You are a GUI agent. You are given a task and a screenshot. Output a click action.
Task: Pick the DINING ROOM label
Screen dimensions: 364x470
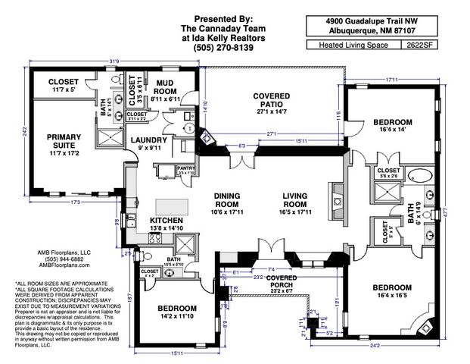point(226,199)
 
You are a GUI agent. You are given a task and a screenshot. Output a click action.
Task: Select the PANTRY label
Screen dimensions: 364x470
point(185,169)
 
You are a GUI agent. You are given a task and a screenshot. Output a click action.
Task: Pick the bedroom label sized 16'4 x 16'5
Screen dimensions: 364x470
point(391,292)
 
